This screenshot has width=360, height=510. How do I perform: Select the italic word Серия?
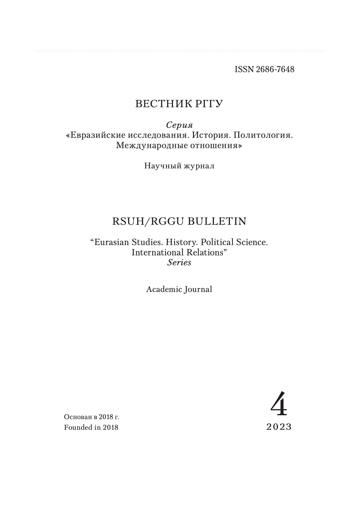(x=179, y=125)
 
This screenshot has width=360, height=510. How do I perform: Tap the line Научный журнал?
(x=179, y=166)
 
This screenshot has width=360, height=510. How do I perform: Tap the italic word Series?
(x=179, y=263)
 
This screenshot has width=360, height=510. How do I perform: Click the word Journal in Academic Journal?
(x=198, y=290)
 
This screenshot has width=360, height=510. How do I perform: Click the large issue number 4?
(x=279, y=404)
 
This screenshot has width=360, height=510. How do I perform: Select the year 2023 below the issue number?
(x=279, y=427)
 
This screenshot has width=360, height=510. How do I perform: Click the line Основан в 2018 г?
(x=91, y=417)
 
